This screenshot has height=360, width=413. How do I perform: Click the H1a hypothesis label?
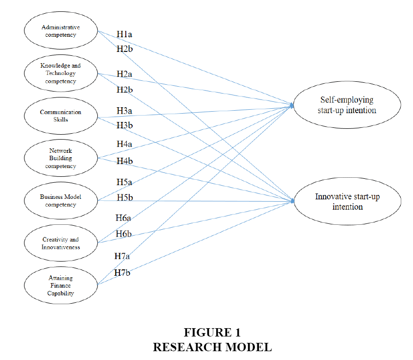pyautogui.click(x=124, y=34)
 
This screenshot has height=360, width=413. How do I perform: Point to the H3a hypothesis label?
pyautogui.click(x=124, y=111)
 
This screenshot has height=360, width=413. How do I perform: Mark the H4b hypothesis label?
pyautogui.click(x=125, y=161)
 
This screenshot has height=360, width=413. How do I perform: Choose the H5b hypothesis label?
pyautogui.click(x=125, y=197)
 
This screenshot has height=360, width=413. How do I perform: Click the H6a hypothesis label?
pyautogui.click(x=123, y=218)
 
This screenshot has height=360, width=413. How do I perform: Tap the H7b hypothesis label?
pyautogui.click(x=122, y=272)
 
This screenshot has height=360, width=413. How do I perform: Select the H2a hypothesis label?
pyautogui.click(x=124, y=74)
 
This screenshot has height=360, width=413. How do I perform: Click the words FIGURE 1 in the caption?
pyautogui.click(x=212, y=332)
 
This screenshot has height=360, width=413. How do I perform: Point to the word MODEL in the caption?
pyautogui.click(x=249, y=347)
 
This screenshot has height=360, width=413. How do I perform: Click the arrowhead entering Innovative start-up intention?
pyautogui.click(x=292, y=201)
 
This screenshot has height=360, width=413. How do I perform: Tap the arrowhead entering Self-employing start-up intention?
pyautogui.click(x=292, y=105)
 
